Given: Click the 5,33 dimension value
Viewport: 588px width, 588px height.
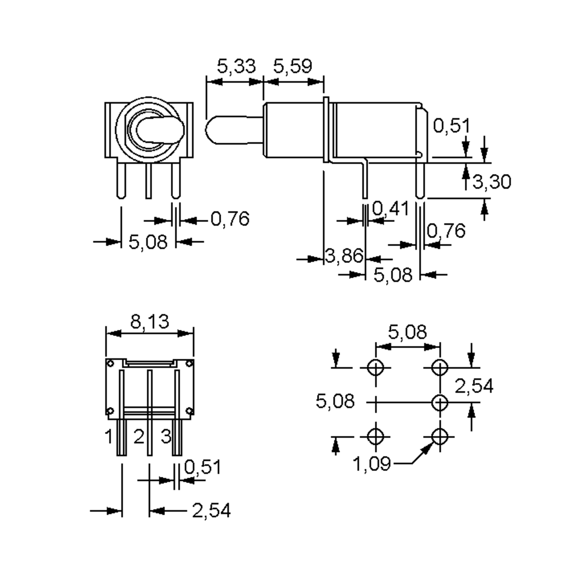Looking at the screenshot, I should click(x=236, y=66).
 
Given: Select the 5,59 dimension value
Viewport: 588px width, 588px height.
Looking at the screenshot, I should click(x=293, y=66).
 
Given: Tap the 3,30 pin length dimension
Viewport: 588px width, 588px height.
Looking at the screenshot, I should click(x=491, y=182).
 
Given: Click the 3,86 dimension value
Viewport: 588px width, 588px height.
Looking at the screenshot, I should click(x=344, y=255).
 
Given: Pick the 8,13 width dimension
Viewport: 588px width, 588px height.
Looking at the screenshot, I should click(x=149, y=321).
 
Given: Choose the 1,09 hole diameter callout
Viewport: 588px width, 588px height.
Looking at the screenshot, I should click(x=371, y=464).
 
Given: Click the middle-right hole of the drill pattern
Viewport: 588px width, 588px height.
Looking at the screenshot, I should click(x=440, y=402).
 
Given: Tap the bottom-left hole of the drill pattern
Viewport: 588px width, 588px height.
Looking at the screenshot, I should click(x=375, y=436).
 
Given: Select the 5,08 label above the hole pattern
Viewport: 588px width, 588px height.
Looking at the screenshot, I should click(x=407, y=332).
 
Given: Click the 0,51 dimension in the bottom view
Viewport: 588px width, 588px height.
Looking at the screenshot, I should click(x=202, y=467).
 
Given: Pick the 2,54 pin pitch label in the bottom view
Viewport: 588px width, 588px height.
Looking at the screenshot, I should click(x=211, y=510).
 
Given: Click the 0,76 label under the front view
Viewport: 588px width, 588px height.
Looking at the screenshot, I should click(x=230, y=219).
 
